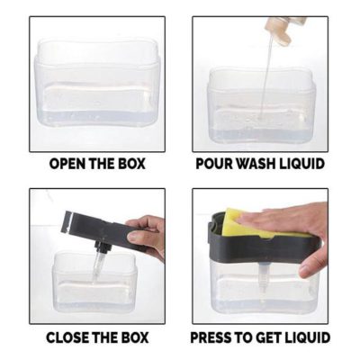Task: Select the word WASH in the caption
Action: pyautogui.click(x=257, y=165)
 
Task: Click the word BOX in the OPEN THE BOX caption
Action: pyautogui.click(x=129, y=165)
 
